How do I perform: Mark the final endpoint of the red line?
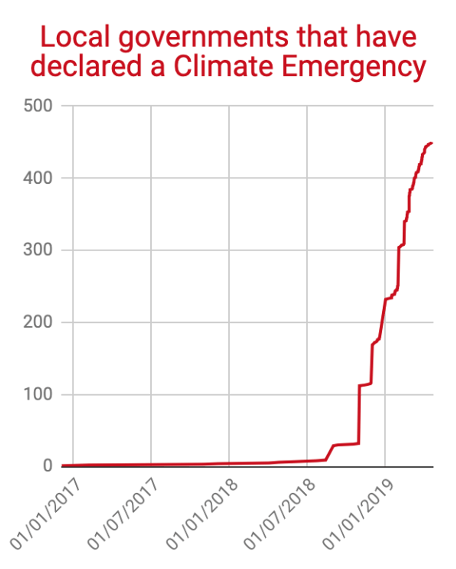pyautogui.click(x=431, y=143)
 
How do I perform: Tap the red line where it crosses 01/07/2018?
pyautogui.click(x=307, y=461)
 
